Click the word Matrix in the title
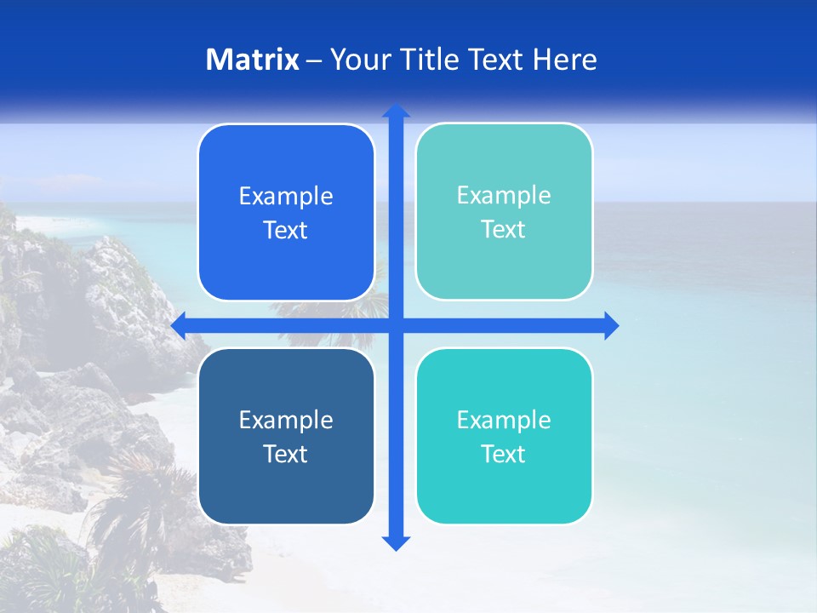coord(253,60)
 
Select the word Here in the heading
coord(565,60)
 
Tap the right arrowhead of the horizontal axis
coord(610,325)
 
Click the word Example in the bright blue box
coord(286,197)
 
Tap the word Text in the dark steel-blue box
coord(286,455)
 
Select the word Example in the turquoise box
coord(504,420)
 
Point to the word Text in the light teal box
coord(504,230)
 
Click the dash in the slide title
coord(314,60)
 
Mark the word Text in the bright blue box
coord(286,231)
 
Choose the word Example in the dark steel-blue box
coord(286,420)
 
